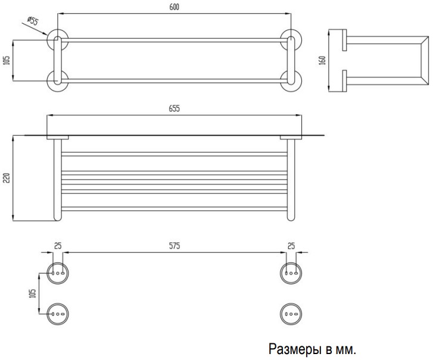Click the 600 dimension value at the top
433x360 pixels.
coord(175,7)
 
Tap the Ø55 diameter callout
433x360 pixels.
coord(33,21)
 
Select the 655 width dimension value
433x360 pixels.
coord(175,109)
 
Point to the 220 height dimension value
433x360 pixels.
coord(7,178)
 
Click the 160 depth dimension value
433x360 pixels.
coord(322,61)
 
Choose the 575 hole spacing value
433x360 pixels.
coord(175,246)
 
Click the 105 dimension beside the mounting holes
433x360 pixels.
coord(32,293)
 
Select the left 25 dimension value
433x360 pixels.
coord(58,246)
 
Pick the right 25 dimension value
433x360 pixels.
coord(291,246)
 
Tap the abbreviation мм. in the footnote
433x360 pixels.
coord(345,350)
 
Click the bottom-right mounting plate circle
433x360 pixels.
coord(291,314)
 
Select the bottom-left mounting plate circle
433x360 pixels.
coord(58,314)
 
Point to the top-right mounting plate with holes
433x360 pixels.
coord(291,273)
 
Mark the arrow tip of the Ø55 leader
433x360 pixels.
coord(47,35)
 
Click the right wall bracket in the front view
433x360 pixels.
coord(291,137)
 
